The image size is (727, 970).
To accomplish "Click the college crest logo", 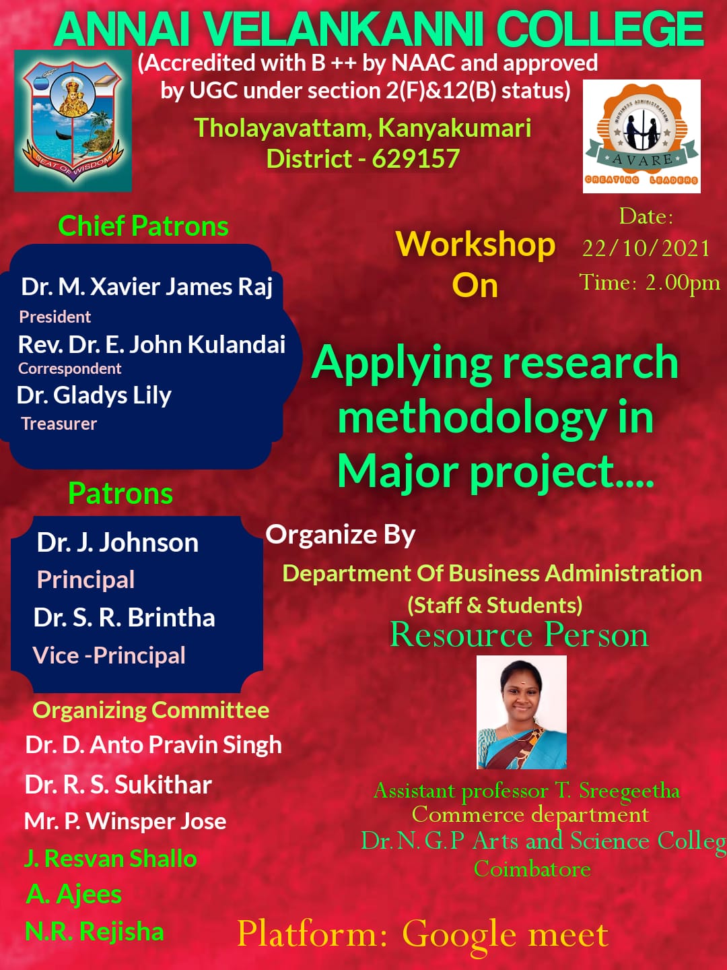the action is click(73, 121).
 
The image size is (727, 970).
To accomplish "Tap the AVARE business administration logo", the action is click(642, 136).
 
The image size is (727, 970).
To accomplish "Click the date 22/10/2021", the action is click(646, 249).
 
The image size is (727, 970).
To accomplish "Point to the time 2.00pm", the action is click(683, 283).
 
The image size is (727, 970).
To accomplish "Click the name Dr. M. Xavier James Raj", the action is click(147, 287).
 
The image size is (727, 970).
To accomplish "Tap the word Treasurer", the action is click(59, 424).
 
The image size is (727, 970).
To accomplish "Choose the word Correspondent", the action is click(69, 368).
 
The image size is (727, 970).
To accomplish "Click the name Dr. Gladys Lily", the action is click(94, 395).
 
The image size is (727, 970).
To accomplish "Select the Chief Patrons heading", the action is click(143, 226).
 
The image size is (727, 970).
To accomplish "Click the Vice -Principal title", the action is click(108, 655).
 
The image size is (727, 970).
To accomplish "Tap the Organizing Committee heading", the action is click(151, 711).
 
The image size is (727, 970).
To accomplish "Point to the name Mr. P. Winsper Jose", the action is click(125, 822).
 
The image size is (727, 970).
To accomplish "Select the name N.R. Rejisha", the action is click(94, 932).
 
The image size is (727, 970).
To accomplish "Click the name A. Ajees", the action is click(74, 895).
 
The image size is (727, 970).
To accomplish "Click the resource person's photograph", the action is click(521, 712).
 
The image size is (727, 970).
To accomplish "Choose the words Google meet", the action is click(505, 936).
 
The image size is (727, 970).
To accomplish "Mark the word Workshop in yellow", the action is click(475, 246).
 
